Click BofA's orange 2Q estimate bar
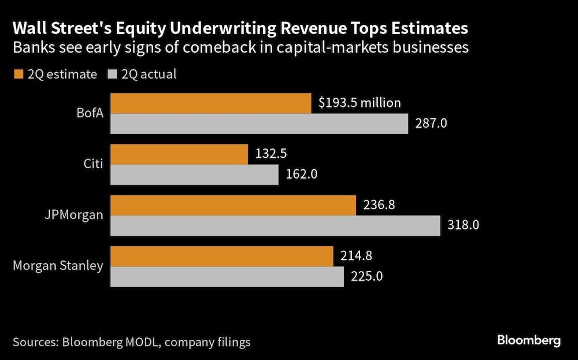210,103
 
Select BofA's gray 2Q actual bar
259,123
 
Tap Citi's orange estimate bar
179,154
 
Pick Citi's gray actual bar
194,174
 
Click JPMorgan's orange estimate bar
233,205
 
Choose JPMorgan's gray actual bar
275,225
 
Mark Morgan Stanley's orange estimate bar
222,256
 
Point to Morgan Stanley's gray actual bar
227,276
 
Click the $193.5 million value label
360,103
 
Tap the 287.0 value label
432,123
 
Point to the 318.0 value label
464,225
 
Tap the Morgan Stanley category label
58,266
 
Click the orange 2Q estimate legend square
17,74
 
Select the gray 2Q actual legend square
112,74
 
